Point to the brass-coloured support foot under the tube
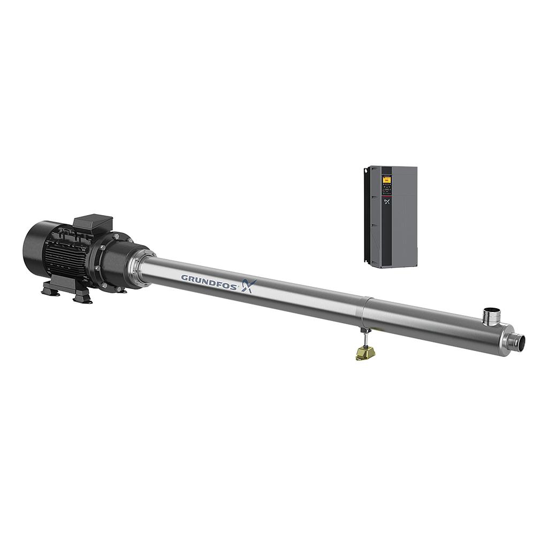pyautogui.click(x=364, y=353)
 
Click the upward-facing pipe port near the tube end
pyautogui.click(x=490, y=316)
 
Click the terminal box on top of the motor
pyautogui.click(x=93, y=223)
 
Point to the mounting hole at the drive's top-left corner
pyautogui.click(x=367, y=170)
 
